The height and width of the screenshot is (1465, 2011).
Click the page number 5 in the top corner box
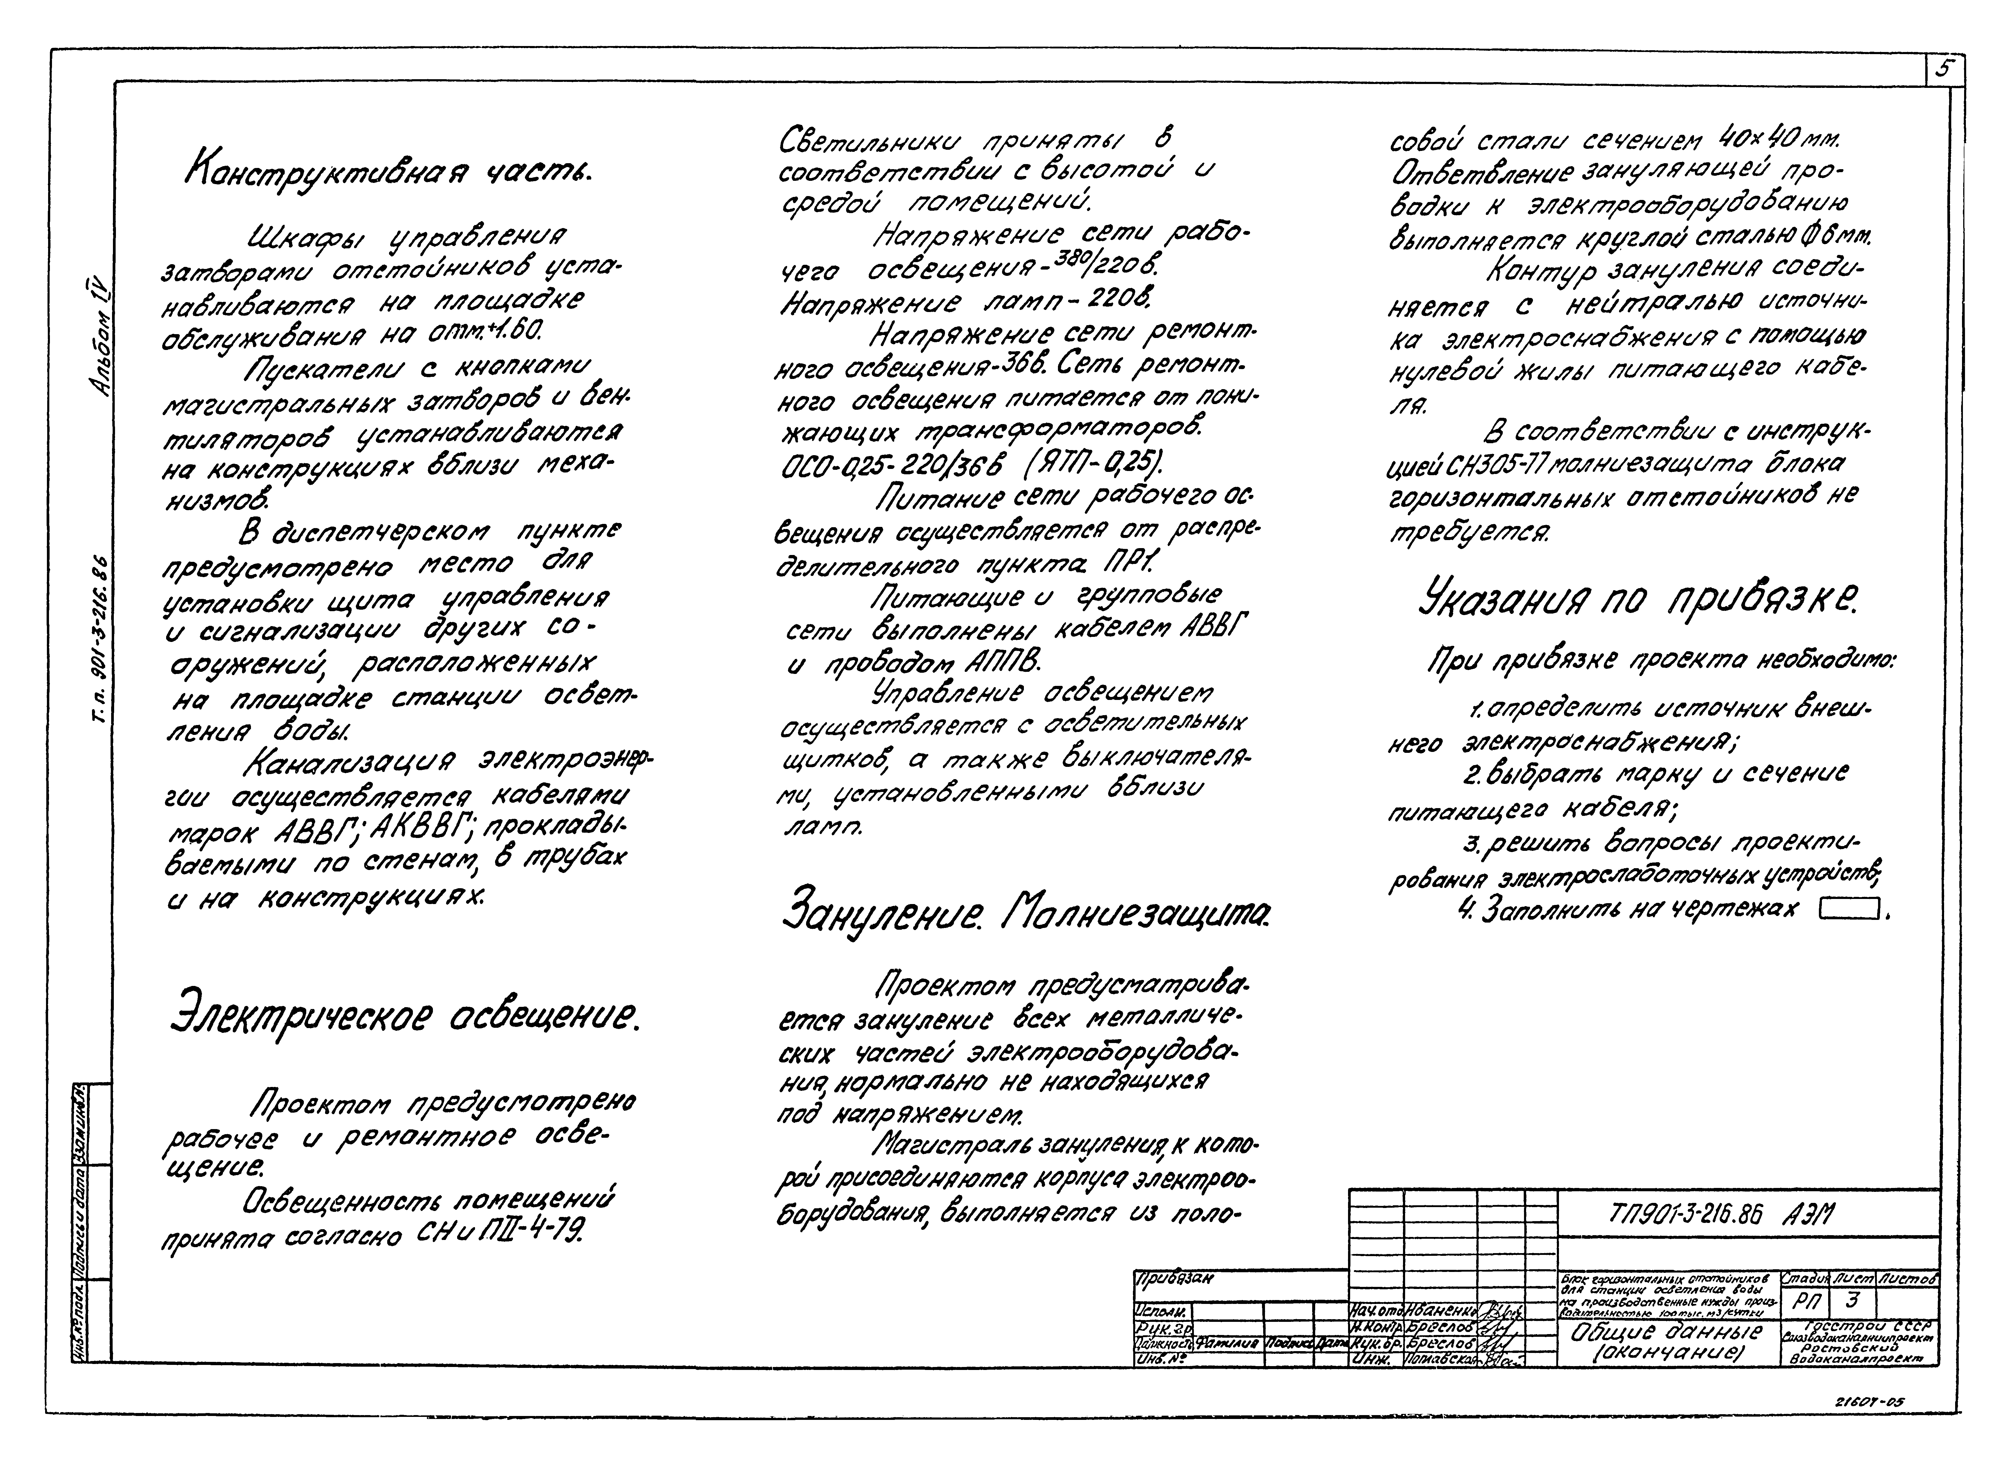[1943, 69]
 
